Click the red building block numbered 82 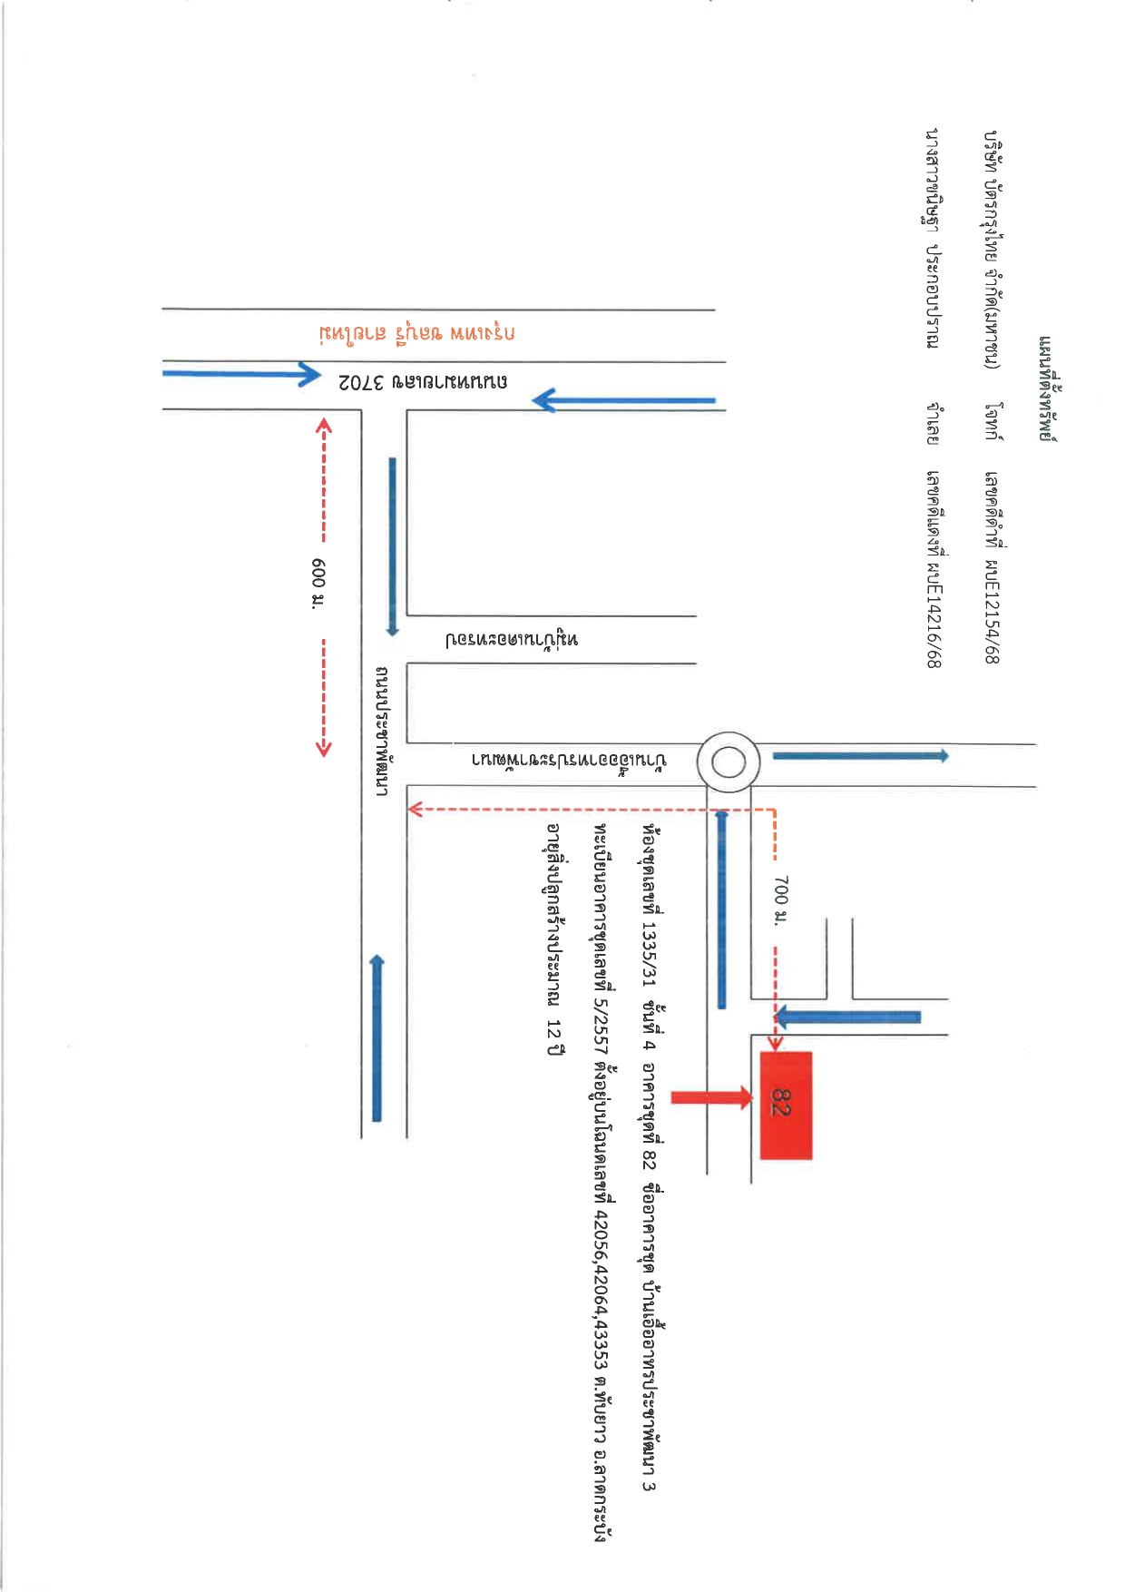(x=786, y=1106)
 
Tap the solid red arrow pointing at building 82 (x=711, y=1098)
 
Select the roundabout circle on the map (x=728, y=762)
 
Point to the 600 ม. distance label (x=318, y=583)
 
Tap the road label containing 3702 (x=423, y=382)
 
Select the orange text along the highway (x=417, y=333)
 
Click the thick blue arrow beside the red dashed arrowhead (x=848, y=1017)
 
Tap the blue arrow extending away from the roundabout (x=860, y=755)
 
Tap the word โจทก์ (x=994, y=421)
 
